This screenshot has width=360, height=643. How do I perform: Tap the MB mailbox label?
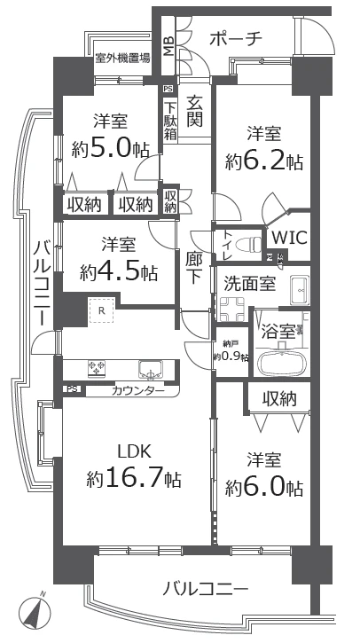pyautogui.click(x=168, y=44)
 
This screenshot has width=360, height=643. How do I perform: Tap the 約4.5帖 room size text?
pyautogui.click(x=111, y=271)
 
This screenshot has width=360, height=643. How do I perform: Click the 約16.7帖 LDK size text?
pyautogui.click(x=135, y=480)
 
